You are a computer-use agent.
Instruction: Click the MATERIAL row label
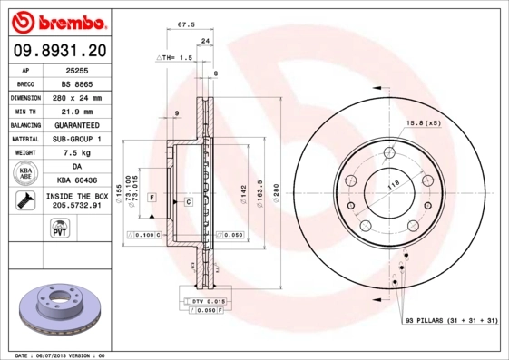point(26,139)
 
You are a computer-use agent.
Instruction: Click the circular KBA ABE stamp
point(25,174)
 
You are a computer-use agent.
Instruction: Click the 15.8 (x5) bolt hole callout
point(423,122)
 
